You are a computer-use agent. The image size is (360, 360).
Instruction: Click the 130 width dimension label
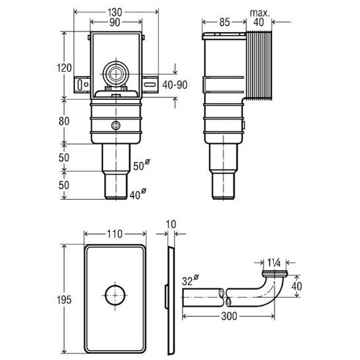115,12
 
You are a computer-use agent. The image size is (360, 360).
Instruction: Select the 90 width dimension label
114,22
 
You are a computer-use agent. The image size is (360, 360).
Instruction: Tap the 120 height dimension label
64,68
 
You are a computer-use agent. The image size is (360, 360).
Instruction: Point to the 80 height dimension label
64,121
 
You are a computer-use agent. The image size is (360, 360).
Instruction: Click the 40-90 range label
175,85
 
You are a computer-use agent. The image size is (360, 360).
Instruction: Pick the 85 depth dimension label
224,22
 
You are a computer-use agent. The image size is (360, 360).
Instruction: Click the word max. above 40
259,13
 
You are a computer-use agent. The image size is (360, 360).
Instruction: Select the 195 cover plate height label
64,300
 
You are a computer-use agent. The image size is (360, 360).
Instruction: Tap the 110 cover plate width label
115,234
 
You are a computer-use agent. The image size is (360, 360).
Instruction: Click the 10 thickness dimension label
171,224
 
